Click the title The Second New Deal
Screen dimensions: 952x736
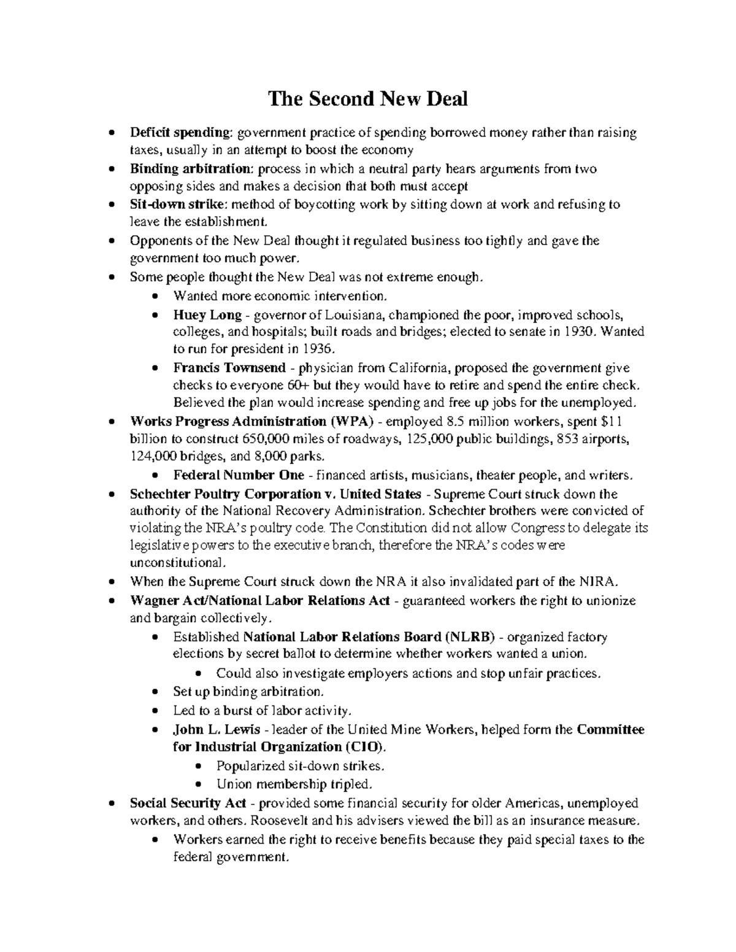367,99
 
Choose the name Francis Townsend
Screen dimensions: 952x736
229,368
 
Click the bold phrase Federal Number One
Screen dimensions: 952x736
239,475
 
